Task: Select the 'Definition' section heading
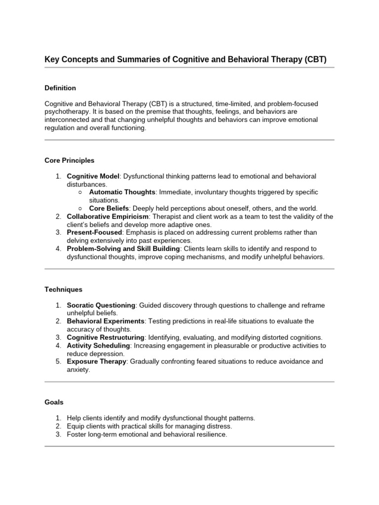[x=60, y=88]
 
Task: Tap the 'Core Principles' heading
[x=69, y=160]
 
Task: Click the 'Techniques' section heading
[x=63, y=289]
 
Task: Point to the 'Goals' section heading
[x=54, y=402]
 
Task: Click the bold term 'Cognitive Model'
[x=93, y=176]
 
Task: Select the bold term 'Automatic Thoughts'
[x=122, y=192]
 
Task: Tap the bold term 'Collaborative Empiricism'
[x=108, y=216]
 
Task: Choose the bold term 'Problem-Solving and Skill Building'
[x=123, y=249]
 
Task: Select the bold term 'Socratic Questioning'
[x=101, y=305]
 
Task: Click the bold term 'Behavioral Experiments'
[x=106, y=321]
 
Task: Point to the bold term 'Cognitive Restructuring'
[x=106, y=337]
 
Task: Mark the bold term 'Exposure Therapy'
[x=96, y=361]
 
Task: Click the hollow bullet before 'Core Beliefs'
[x=80, y=208]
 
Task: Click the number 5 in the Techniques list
[x=58, y=361]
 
